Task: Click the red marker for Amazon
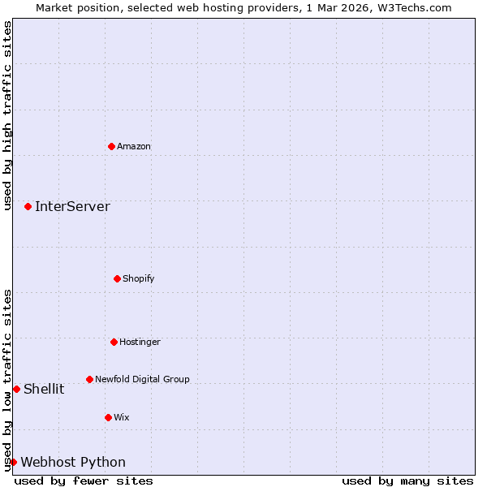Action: coord(111,146)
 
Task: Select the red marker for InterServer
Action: coord(28,206)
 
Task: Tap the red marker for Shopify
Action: coord(117,278)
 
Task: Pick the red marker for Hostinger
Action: coord(114,342)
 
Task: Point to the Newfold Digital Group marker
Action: coord(89,379)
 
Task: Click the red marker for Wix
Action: coord(108,417)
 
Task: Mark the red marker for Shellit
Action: coord(16,389)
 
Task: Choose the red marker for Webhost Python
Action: coord(13,462)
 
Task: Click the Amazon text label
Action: coord(134,147)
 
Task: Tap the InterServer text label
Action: coord(72,206)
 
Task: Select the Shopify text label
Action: coord(139,279)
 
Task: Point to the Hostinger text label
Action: coord(140,343)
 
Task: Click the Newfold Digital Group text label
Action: coord(142,379)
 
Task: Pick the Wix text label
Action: coord(122,418)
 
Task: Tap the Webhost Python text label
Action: coord(73,463)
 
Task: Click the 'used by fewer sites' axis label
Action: coord(84,481)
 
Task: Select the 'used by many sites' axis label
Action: coord(407,481)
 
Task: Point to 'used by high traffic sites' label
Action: coord(7,115)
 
